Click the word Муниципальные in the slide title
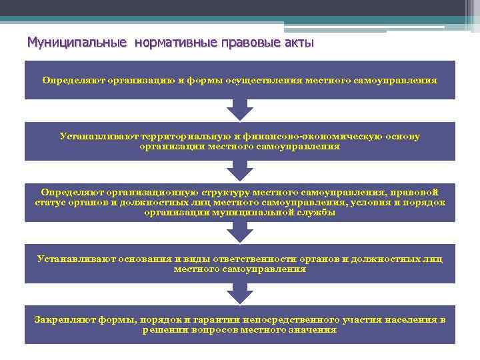[77, 43]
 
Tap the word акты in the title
[297, 43]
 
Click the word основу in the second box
[403, 136]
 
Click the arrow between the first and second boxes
[240, 110]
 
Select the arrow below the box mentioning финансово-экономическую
[240, 171]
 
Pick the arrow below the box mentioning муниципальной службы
[240, 233]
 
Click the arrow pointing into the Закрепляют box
[240, 294]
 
